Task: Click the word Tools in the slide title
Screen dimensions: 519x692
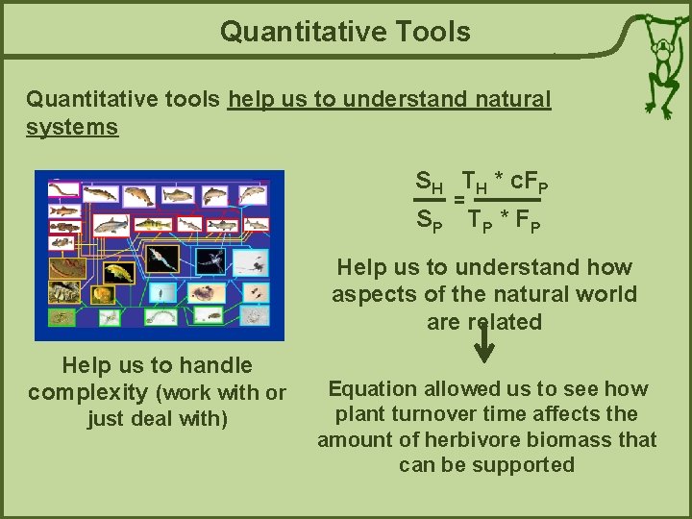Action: pos(425,32)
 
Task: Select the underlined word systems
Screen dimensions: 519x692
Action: pos(72,127)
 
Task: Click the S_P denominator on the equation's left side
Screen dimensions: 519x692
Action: pos(429,220)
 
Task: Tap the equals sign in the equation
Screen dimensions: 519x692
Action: pos(459,200)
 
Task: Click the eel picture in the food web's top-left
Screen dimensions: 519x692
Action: pos(65,189)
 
